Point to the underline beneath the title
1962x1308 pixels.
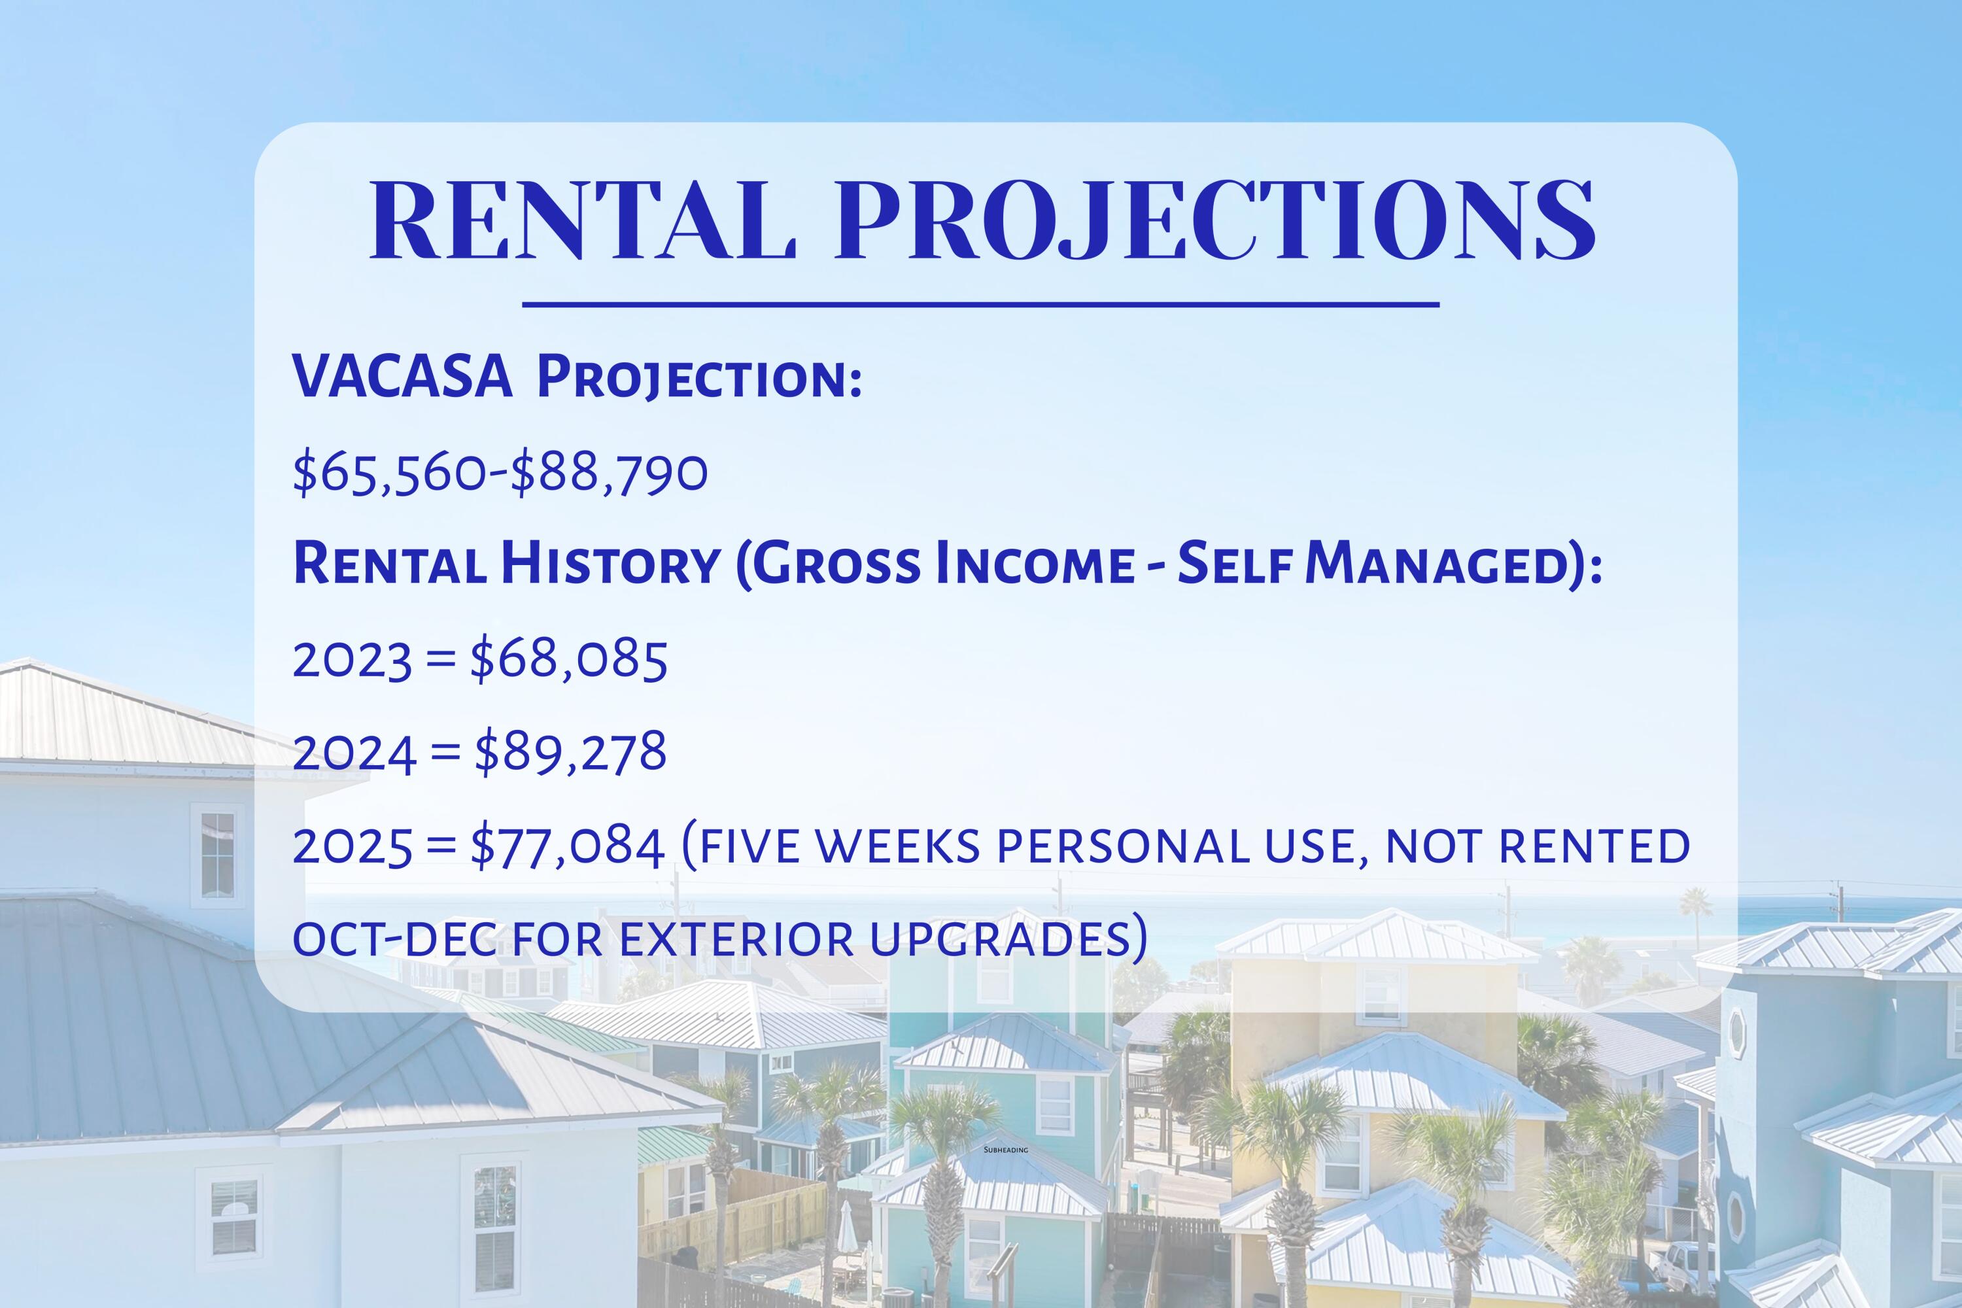coord(980,305)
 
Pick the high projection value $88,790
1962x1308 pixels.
coord(609,473)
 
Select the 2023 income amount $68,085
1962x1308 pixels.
coord(569,660)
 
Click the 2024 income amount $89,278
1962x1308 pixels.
coord(570,753)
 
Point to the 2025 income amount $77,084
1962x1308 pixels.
coord(567,847)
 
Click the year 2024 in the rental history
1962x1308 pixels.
coord(354,753)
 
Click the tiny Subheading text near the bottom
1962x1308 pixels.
coord(1006,1150)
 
